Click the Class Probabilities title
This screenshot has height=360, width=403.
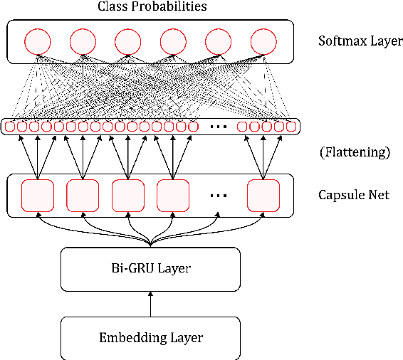tap(151, 7)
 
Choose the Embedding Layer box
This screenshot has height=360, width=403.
tap(150, 338)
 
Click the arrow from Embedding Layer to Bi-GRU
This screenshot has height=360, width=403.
tap(150, 305)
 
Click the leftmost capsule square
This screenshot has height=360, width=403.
tap(38, 195)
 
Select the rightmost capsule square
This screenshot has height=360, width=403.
tap(263, 195)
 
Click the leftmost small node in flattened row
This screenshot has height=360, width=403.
tap(9, 127)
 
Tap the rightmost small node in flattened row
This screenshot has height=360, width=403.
tap(291, 127)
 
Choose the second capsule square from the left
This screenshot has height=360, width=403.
tap(83, 195)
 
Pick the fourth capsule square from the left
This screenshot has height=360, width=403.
tap(173, 195)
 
